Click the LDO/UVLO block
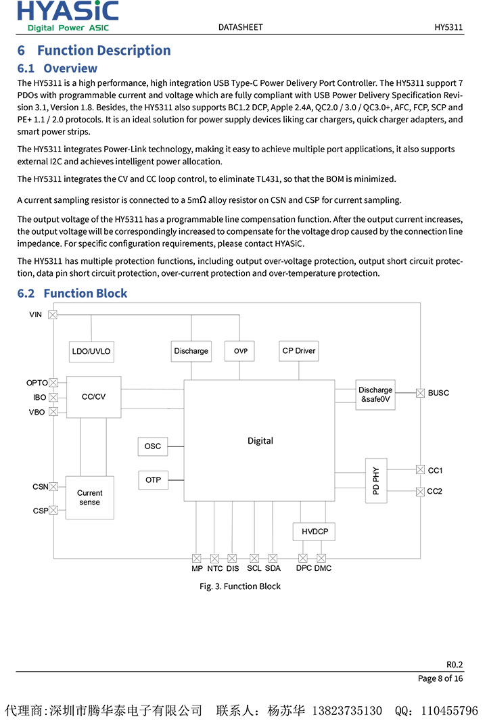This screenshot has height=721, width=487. click(91, 351)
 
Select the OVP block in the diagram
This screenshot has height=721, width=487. click(241, 351)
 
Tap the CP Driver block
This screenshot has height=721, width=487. click(299, 351)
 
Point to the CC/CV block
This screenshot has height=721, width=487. click(93, 397)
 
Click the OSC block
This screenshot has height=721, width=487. click(153, 446)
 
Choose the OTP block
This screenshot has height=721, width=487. click(153, 480)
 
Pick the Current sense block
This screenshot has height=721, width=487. click(89, 498)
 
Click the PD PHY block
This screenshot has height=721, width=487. click(376, 480)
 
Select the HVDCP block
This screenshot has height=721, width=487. click(315, 532)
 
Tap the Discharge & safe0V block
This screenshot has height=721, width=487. click(375, 394)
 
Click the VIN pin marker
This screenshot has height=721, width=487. click(53, 315)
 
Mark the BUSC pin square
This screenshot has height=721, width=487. click(420, 393)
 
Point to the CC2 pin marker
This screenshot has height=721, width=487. click(420, 491)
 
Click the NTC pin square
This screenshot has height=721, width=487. click(215, 558)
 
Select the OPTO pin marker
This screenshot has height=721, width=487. click(53, 383)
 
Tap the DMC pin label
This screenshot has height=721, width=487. click(323, 568)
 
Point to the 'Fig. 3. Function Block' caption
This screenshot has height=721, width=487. click(239, 586)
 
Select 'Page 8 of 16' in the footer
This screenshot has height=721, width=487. click(440, 678)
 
